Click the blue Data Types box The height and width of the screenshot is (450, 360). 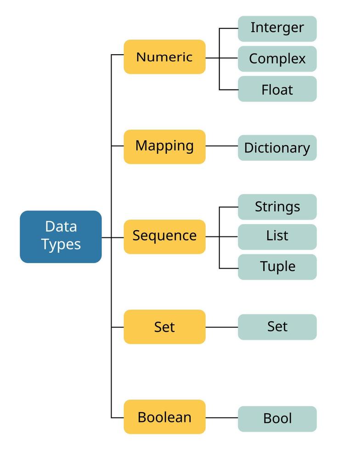(x=61, y=236)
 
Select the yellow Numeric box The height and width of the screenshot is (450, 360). (x=164, y=57)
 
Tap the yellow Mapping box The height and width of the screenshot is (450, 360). (x=164, y=146)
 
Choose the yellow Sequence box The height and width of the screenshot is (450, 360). (x=164, y=236)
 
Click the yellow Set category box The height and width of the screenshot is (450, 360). (x=164, y=326)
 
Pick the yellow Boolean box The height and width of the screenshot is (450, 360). (x=164, y=416)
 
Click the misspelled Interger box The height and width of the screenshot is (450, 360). (x=277, y=28)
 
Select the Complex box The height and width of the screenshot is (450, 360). (x=277, y=59)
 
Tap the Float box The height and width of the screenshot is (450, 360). (x=277, y=89)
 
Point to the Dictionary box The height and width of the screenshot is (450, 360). (x=277, y=148)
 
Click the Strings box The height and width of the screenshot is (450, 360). (x=277, y=207)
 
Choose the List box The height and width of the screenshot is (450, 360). (x=277, y=236)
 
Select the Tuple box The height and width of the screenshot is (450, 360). (x=277, y=267)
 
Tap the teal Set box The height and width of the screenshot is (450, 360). (x=277, y=327)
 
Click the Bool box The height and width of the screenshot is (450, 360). (x=277, y=418)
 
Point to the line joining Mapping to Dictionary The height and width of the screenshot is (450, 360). (x=221, y=146)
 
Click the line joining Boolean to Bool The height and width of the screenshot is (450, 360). (x=221, y=418)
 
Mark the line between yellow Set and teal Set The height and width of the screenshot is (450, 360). (x=221, y=327)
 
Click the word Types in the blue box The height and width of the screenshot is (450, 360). (x=61, y=245)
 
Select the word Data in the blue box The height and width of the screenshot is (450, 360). (x=61, y=226)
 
